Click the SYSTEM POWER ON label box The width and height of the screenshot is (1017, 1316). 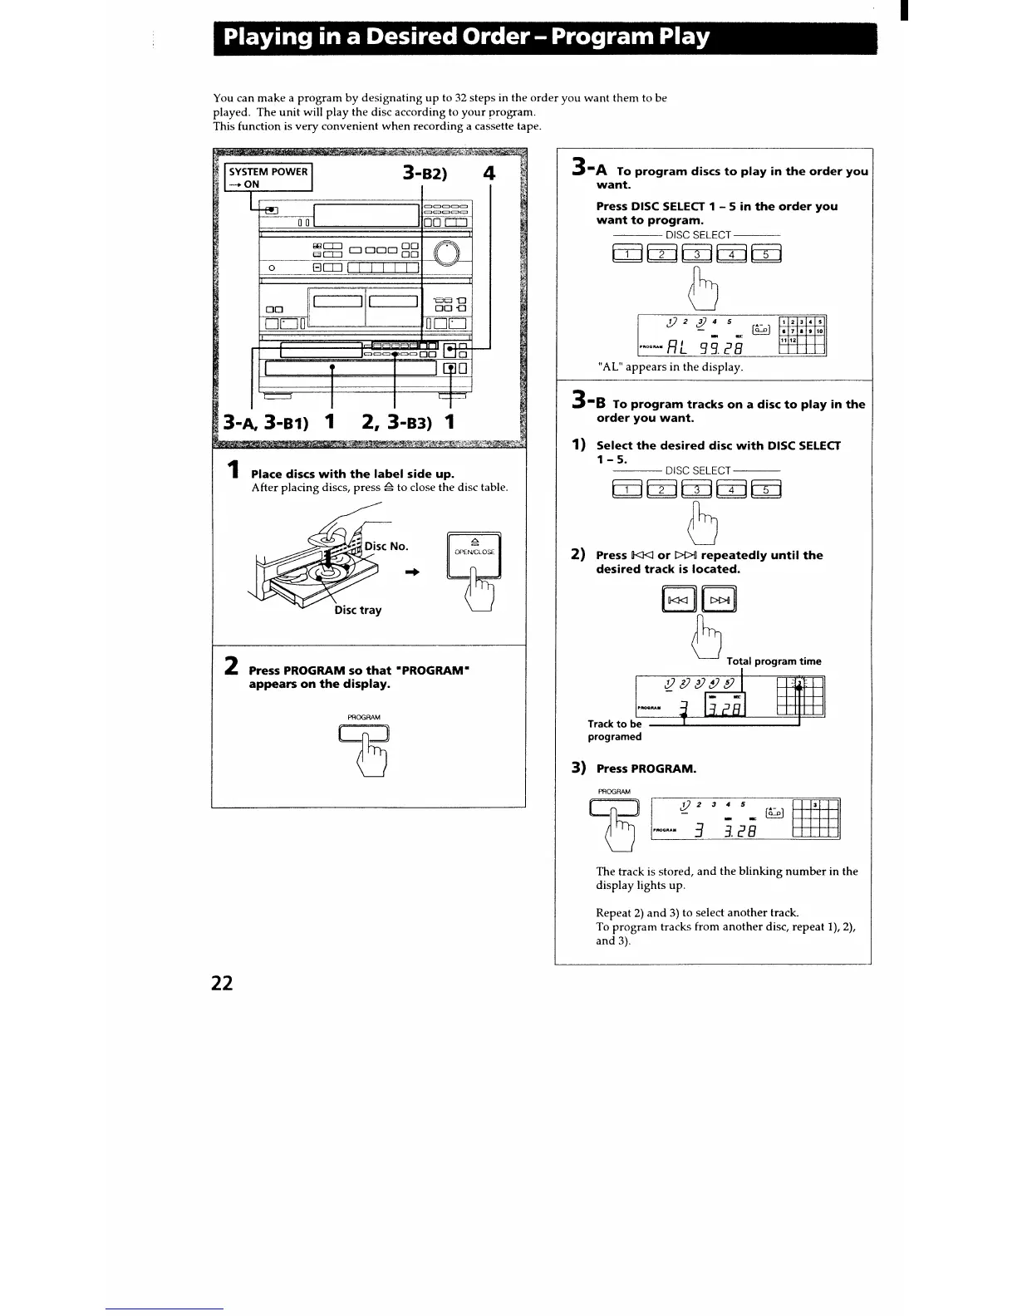tap(269, 178)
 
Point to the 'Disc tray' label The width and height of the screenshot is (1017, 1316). tap(358, 610)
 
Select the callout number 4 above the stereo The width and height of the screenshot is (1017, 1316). tap(489, 174)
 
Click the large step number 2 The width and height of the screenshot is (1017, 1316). tap(233, 666)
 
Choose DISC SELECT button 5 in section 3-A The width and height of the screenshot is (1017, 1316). tap(766, 254)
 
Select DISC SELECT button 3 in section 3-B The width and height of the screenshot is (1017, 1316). tap(696, 489)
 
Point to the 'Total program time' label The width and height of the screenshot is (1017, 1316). tap(774, 661)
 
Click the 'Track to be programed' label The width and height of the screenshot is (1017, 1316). tap(615, 730)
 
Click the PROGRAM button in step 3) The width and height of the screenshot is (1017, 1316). tap(614, 808)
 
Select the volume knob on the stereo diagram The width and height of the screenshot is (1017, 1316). tap(445, 251)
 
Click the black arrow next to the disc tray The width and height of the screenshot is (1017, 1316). tap(410, 572)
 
